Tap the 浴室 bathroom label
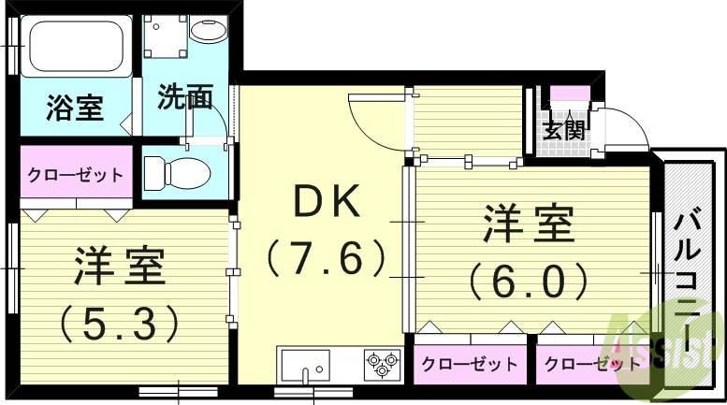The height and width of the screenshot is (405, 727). pyautogui.click(x=74, y=108)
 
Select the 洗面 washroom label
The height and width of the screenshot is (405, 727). pyautogui.click(x=184, y=97)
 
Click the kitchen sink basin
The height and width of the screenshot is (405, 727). pyautogui.click(x=305, y=363)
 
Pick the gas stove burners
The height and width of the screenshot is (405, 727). pyautogui.click(x=381, y=363)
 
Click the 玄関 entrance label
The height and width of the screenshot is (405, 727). pyautogui.click(x=564, y=128)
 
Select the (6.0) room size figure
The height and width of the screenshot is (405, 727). pyautogui.click(x=529, y=278)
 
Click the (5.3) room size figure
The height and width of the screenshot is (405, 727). pyautogui.click(x=119, y=323)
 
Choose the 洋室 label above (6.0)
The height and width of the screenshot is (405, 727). pyautogui.click(x=529, y=224)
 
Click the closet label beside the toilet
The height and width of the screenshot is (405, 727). pyautogui.click(x=75, y=175)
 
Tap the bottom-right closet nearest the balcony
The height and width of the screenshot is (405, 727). pyautogui.click(x=592, y=364)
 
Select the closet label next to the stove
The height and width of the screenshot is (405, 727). pyautogui.click(x=470, y=364)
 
